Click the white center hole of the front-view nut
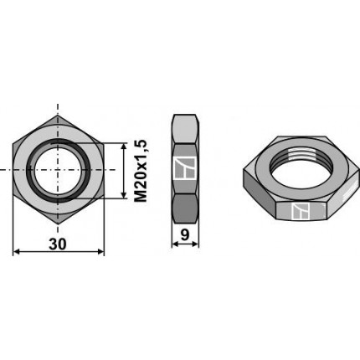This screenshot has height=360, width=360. tap(59, 169)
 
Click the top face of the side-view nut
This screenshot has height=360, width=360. tap(187, 128)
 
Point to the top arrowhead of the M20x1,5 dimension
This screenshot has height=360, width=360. tap(126, 145)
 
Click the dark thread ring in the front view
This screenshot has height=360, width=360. tap(33, 170)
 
